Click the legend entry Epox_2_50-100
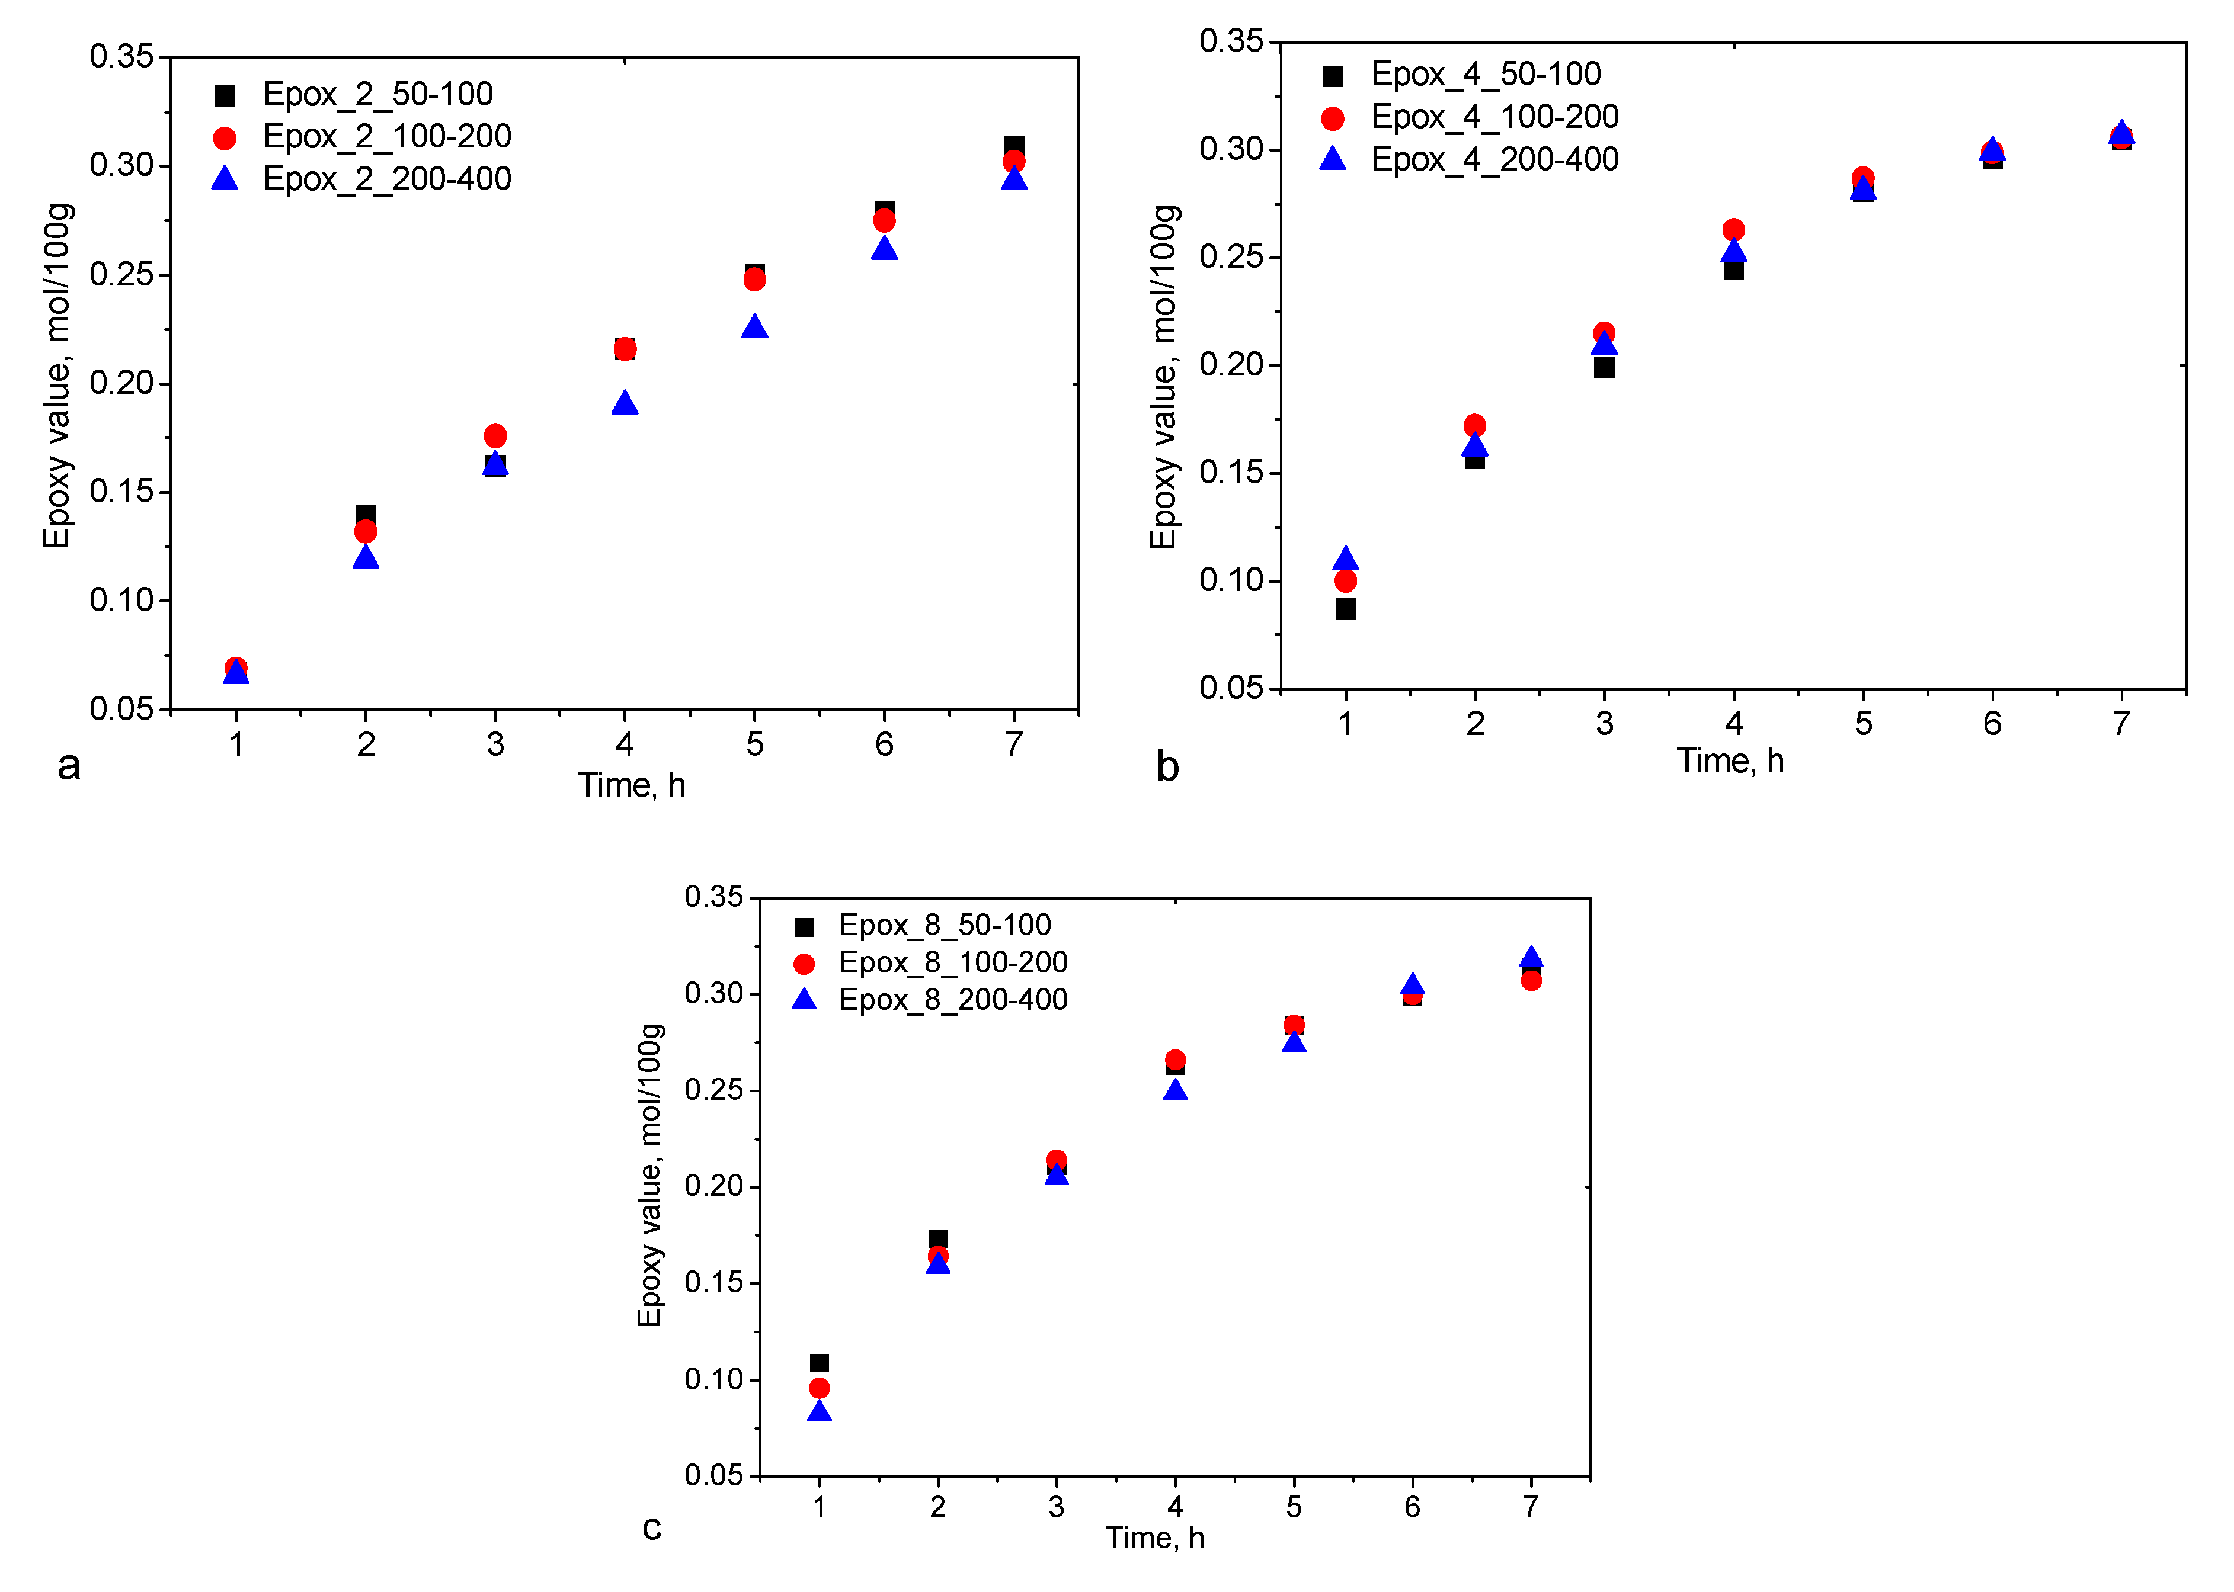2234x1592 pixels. [377, 94]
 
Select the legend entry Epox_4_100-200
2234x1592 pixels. [1494, 117]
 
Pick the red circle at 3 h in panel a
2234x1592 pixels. [495, 435]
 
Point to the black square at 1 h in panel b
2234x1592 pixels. [1346, 609]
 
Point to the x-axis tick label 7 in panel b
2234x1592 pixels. [2121, 724]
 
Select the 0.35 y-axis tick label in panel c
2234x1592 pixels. [715, 896]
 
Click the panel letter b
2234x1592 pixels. [1167, 766]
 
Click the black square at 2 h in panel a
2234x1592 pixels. [366, 516]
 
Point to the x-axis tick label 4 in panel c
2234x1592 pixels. [1175, 1507]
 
